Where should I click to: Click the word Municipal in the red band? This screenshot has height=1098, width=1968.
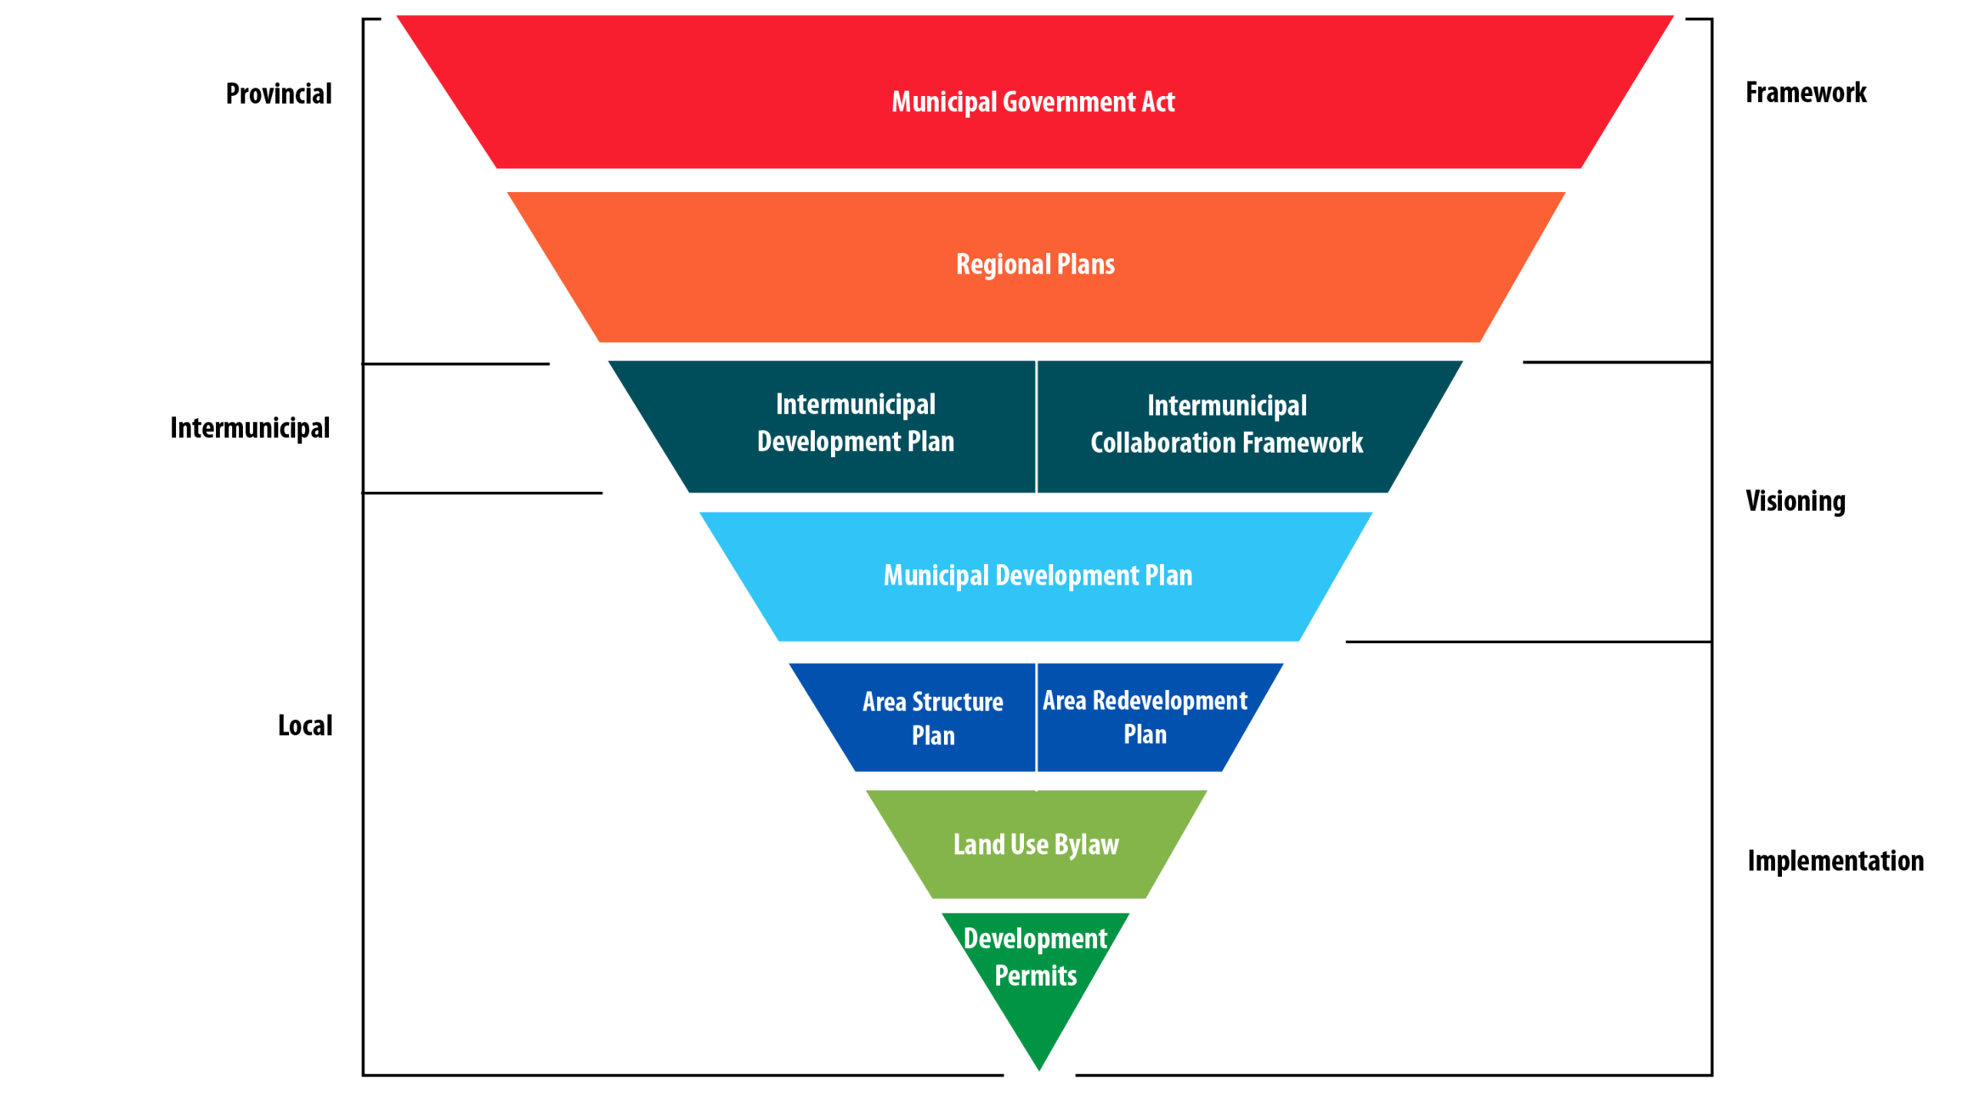point(944,102)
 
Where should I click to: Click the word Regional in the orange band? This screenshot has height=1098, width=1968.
point(1002,264)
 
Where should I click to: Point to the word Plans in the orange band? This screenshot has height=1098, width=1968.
point(1085,264)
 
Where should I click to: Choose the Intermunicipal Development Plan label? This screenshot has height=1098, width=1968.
point(856,423)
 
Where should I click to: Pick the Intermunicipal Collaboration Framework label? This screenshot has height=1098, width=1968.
point(1226,424)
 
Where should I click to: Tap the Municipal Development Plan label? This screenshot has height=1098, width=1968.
point(1038,576)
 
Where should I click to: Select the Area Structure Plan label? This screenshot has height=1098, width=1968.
point(932,718)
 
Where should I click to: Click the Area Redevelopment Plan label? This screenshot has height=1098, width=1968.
point(1145,717)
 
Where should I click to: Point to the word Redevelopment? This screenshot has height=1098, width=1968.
point(1169,701)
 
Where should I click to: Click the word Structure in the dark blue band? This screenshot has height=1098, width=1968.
point(957,702)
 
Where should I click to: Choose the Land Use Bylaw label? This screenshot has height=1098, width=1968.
point(1036,844)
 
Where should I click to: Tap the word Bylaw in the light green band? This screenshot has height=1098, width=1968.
point(1086,845)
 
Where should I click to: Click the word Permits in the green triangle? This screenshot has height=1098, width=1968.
point(1036,976)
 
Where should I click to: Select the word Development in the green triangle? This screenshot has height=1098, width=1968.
point(1035,939)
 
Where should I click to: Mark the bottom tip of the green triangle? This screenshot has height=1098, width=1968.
point(1039,1068)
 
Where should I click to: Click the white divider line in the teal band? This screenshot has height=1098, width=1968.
point(1036,426)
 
